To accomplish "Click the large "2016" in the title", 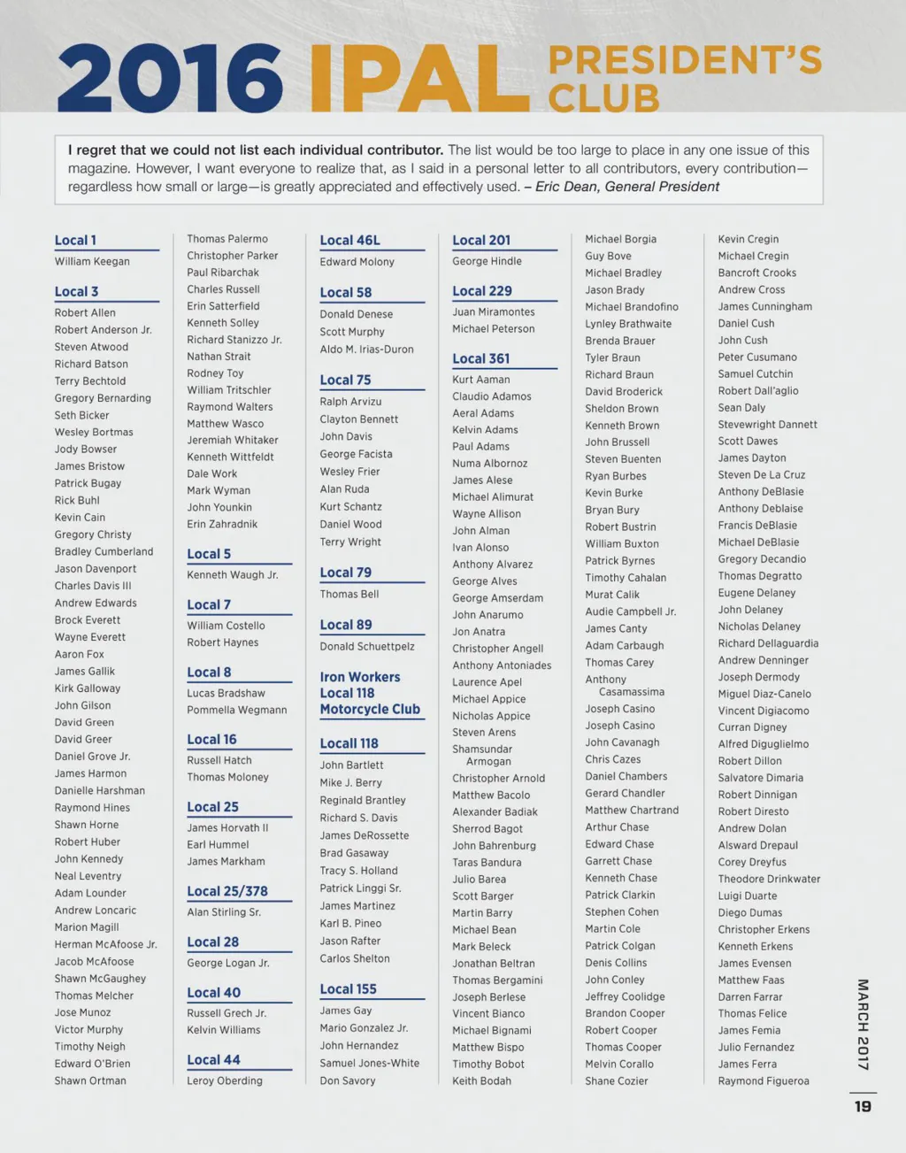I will coord(170,79).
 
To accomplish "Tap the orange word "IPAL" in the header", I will coord(419,79).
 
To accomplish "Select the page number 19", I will coord(863,1106).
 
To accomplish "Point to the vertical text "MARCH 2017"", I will coord(863,1024).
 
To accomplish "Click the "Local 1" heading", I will coord(75,241).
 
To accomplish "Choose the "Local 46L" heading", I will coord(349,241).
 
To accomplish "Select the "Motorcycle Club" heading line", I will coord(370,709).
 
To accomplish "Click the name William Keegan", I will coord(92,262).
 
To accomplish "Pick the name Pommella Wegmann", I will coord(236,710).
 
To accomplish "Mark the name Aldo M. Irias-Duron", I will coord(366,350).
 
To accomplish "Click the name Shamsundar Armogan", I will coord(482,755).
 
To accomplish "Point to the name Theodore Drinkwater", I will coord(769,879).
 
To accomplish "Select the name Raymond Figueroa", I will coord(763,1080).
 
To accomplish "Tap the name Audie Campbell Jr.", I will coord(630,611).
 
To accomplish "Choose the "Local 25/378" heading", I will coord(226,891).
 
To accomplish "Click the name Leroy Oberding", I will coord(224,1080).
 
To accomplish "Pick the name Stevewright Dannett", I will coord(767,425).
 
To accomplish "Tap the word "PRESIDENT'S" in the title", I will coord(685,60).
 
